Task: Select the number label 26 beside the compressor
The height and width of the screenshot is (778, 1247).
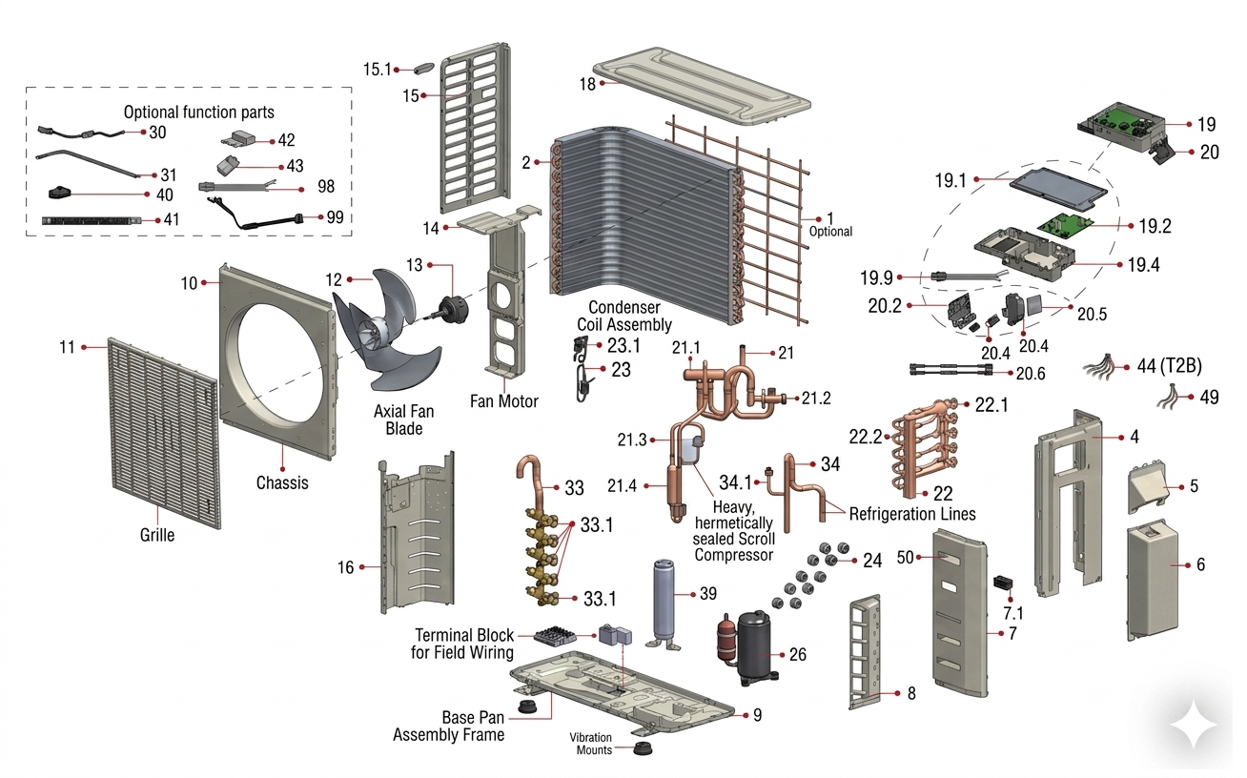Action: click(x=798, y=654)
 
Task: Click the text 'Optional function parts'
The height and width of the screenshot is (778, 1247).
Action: click(x=198, y=112)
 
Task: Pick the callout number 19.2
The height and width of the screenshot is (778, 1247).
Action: click(x=1155, y=226)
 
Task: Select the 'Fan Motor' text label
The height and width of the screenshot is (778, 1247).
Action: click(x=503, y=401)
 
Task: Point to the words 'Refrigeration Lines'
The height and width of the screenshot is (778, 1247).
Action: click(x=912, y=514)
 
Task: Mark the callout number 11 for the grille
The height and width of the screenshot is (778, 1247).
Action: click(x=67, y=348)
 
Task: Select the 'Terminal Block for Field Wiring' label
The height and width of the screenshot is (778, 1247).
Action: click(x=463, y=644)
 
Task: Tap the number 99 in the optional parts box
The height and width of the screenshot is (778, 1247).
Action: click(x=335, y=217)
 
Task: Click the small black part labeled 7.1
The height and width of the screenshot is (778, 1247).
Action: click(x=1000, y=582)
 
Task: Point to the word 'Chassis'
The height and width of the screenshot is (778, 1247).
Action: click(x=282, y=482)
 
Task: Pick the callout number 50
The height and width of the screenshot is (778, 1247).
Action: click(x=905, y=557)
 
